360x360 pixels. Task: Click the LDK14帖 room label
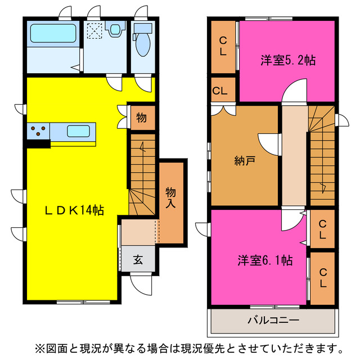pyautogui.click(x=74, y=210)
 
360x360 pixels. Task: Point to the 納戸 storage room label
pyautogui.click(x=245, y=161)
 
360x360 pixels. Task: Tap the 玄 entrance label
pyautogui.click(x=138, y=260)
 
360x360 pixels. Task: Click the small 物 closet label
pyautogui.click(x=141, y=118)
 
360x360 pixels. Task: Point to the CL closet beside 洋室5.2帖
pyautogui.click(x=223, y=46)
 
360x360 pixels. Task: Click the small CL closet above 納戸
pyautogui.click(x=220, y=91)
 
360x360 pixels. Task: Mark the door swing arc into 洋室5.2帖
pyautogui.click(x=294, y=90)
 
